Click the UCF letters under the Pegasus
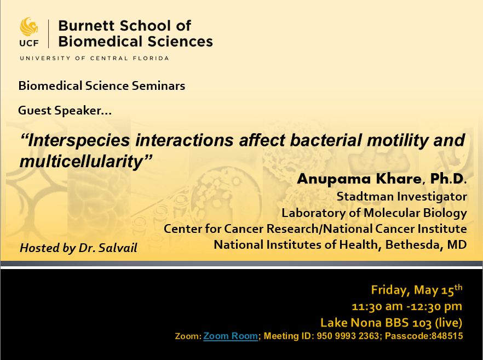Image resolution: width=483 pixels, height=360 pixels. [29, 43]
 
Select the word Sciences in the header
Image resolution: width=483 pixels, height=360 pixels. [180, 41]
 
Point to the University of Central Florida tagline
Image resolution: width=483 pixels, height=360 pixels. [94, 58]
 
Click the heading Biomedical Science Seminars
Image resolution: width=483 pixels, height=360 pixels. [102, 85]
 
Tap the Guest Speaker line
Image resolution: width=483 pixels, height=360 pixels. [65, 110]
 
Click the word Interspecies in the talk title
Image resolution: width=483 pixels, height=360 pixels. [75, 140]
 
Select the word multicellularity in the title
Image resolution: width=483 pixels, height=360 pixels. [85, 162]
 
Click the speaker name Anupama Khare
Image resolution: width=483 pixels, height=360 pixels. [359, 179]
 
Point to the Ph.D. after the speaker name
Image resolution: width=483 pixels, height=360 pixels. [448, 179]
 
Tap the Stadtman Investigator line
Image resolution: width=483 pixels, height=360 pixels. [402, 197]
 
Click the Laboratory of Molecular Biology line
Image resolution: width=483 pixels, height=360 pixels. [374, 213]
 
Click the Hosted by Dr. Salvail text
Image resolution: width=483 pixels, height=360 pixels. [78, 248]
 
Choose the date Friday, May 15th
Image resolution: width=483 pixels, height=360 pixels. [416, 290]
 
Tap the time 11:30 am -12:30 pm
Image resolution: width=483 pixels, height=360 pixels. [407, 306]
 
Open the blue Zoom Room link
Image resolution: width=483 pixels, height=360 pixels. [231, 336]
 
